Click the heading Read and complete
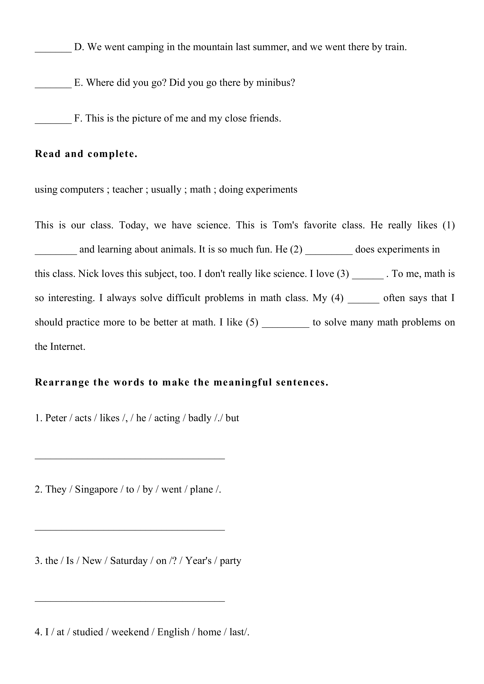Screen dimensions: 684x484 [86, 154]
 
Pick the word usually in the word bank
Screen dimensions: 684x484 [166, 190]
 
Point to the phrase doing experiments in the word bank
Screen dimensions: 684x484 [258, 190]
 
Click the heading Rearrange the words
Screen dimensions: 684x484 [181, 382]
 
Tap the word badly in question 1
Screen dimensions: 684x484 [200, 418]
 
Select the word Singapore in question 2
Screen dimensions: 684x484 [96, 489]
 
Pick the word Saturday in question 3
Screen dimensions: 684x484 [129, 561]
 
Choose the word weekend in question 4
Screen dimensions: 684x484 [130, 632]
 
